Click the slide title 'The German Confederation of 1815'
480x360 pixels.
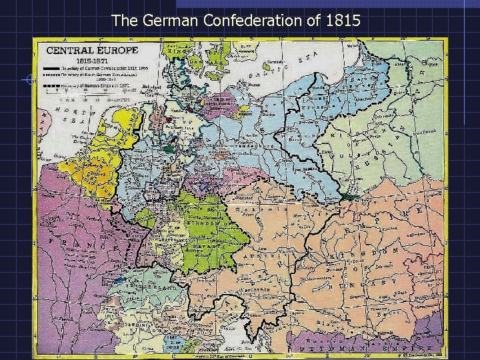pyautogui.click(x=237, y=20)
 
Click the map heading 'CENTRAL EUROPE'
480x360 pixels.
pyautogui.click(x=91, y=50)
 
